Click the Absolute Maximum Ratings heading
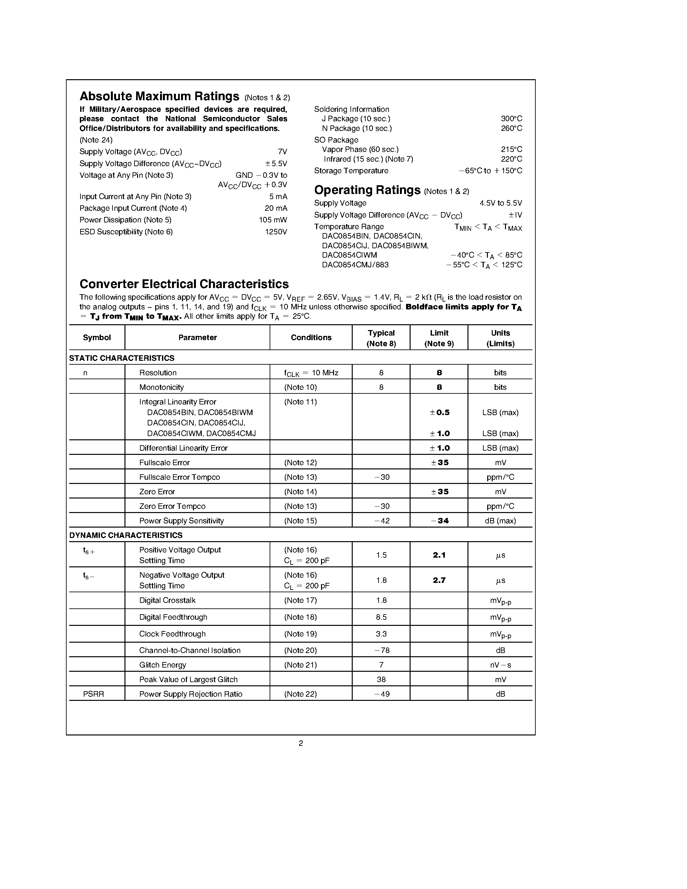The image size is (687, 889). tap(159, 96)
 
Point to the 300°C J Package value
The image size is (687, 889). tap(511, 119)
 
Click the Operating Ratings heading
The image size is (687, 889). tap(367, 190)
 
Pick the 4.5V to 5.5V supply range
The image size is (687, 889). tap(500, 203)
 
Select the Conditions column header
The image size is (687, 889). tap(311, 338)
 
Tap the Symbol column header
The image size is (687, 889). tap(97, 338)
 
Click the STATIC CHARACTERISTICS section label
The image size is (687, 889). tap(122, 358)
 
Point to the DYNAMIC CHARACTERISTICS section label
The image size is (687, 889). tap(126, 535)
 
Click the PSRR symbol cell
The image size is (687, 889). tap(94, 694)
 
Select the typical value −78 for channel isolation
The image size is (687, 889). tap(381, 650)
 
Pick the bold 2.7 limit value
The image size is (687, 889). tap(439, 581)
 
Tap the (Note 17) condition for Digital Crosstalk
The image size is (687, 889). tap(300, 600)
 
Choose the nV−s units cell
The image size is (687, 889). tap(500, 665)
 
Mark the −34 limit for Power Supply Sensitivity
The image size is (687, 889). tap(440, 521)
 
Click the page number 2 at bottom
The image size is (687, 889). tap(301, 744)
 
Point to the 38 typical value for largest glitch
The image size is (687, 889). tap(381, 680)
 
